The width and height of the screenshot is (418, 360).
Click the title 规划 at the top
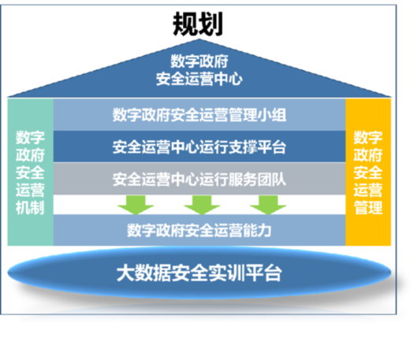(x=197, y=24)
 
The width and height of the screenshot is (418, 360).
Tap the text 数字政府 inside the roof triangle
(x=199, y=61)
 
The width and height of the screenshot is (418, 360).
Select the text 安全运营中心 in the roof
(x=199, y=79)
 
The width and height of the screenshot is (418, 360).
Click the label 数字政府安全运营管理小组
(x=199, y=115)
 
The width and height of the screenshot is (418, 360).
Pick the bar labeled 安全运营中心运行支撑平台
(x=200, y=147)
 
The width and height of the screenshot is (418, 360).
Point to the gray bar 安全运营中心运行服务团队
(x=200, y=179)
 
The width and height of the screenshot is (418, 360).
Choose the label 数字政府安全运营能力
(x=199, y=230)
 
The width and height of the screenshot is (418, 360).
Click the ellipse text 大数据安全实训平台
(x=199, y=273)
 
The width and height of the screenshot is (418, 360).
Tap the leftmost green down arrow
(x=136, y=205)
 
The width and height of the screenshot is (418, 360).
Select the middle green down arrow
(x=202, y=205)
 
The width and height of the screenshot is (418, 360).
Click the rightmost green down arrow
(x=268, y=205)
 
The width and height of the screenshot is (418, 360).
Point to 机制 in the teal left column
(x=30, y=208)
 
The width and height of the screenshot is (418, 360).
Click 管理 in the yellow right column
(x=368, y=208)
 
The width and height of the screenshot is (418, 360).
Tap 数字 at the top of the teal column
(x=30, y=137)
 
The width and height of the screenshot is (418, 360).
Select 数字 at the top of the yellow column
(x=368, y=137)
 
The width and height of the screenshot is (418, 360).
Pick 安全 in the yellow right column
(x=368, y=173)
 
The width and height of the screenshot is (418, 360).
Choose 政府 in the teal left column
(x=30, y=155)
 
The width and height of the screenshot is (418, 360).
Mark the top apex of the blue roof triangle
(x=199, y=39)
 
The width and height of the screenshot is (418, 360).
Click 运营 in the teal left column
(x=30, y=190)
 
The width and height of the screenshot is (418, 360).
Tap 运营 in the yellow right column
(x=368, y=190)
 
